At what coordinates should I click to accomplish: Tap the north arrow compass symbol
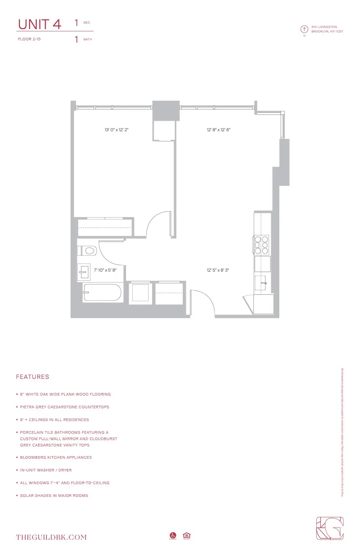point(304,29)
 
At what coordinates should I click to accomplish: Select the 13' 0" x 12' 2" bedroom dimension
point(120,130)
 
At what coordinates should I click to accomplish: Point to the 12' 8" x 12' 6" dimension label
point(219,130)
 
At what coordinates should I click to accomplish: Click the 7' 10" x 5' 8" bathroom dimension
point(105,270)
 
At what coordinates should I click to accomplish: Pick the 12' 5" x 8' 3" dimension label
point(218,270)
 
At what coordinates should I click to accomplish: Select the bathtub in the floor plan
point(102,293)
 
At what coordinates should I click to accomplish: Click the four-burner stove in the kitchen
point(262,244)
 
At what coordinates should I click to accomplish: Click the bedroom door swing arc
point(158,223)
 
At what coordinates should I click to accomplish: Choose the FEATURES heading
point(32,377)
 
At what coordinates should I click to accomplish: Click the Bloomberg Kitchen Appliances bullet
point(55,457)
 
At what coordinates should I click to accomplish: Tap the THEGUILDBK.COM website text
point(51,537)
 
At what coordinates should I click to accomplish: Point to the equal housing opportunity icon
point(186,536)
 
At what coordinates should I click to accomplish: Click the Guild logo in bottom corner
point(330,528)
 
